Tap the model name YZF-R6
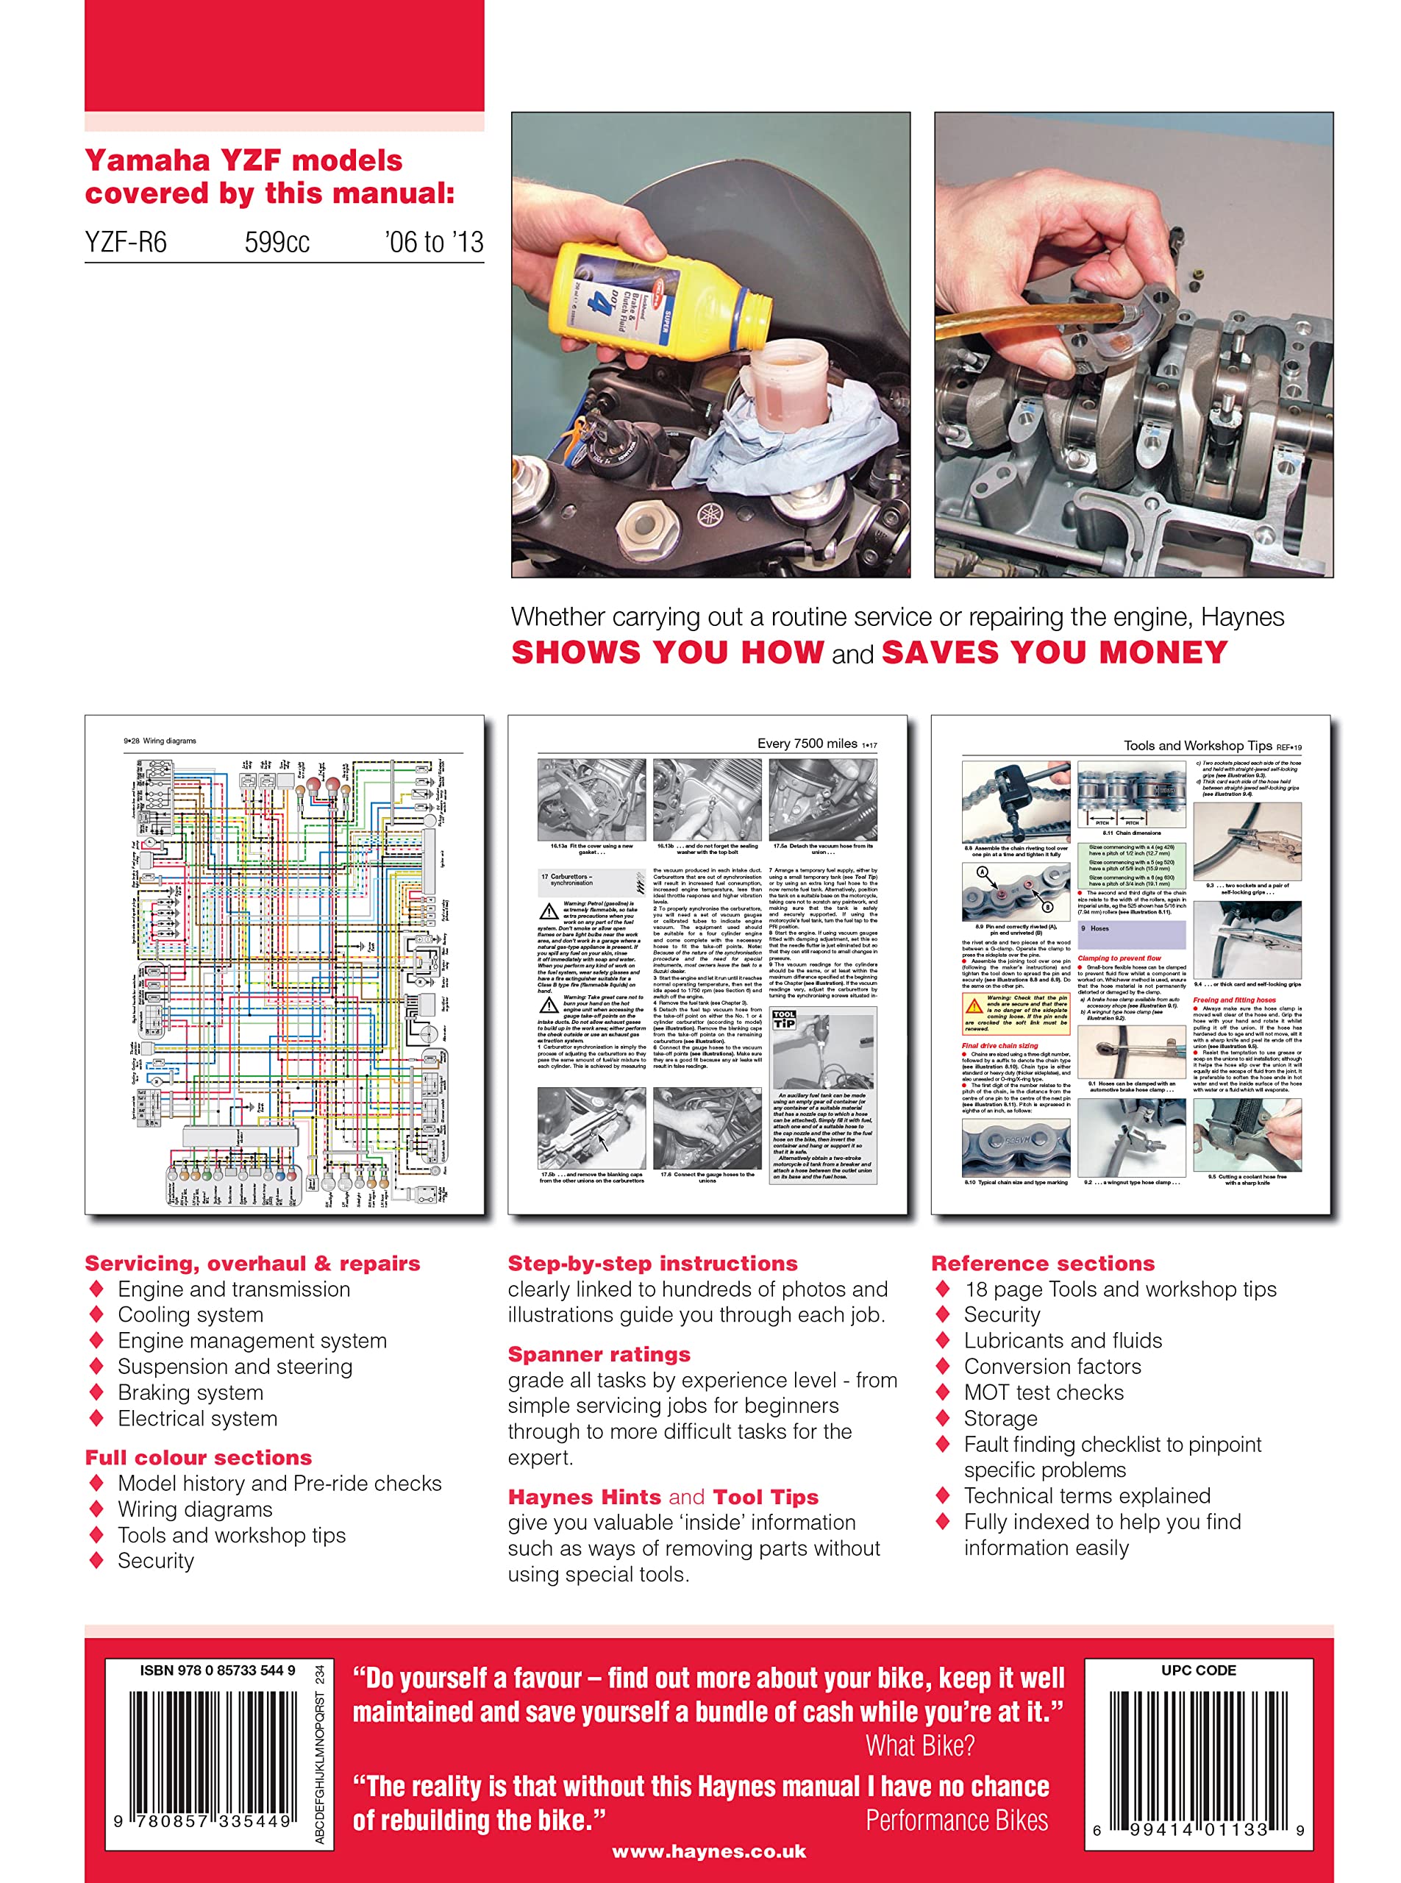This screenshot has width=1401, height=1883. point(126,243)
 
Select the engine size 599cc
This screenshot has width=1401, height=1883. point(277,243)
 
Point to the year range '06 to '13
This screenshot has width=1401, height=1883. point(433,243)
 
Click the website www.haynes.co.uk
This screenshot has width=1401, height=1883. point(709,1851)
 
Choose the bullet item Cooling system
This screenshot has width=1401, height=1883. point(190,1314)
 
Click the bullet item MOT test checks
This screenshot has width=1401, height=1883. point(1043,1392)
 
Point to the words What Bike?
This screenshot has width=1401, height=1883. point(919,1745)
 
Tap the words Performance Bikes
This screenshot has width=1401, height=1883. point(957,1820)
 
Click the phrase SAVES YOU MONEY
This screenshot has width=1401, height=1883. point(1054,652)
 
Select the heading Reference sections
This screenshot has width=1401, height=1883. point(1042,1264)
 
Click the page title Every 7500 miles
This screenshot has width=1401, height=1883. point(807,744)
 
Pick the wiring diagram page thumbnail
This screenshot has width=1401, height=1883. point(284,964)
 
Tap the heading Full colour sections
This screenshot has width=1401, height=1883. point(199,1458)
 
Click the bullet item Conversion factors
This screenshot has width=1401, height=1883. point(1052,1367)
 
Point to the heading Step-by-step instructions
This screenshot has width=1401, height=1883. point(652,1264)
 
